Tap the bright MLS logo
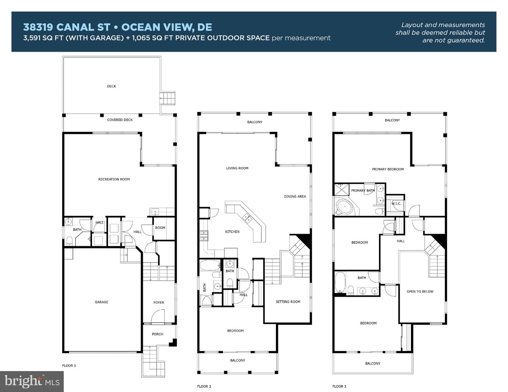point(32,381)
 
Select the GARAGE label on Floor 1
point(101,302)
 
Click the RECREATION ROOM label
point(114,179)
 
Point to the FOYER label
point(159,303)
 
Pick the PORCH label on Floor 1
point(157,334)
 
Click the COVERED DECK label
point(120,120)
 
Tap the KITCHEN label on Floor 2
point(232,232)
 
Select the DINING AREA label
point(295,197)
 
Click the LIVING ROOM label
point(237,168)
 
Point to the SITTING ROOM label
point(288,302)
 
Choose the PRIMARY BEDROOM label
point(388,169)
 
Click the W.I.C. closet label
point(396,204)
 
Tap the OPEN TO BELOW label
point(420,292)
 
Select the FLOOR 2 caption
point(204,386)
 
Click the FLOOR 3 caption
point(339,386)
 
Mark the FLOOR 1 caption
point(69,366)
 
